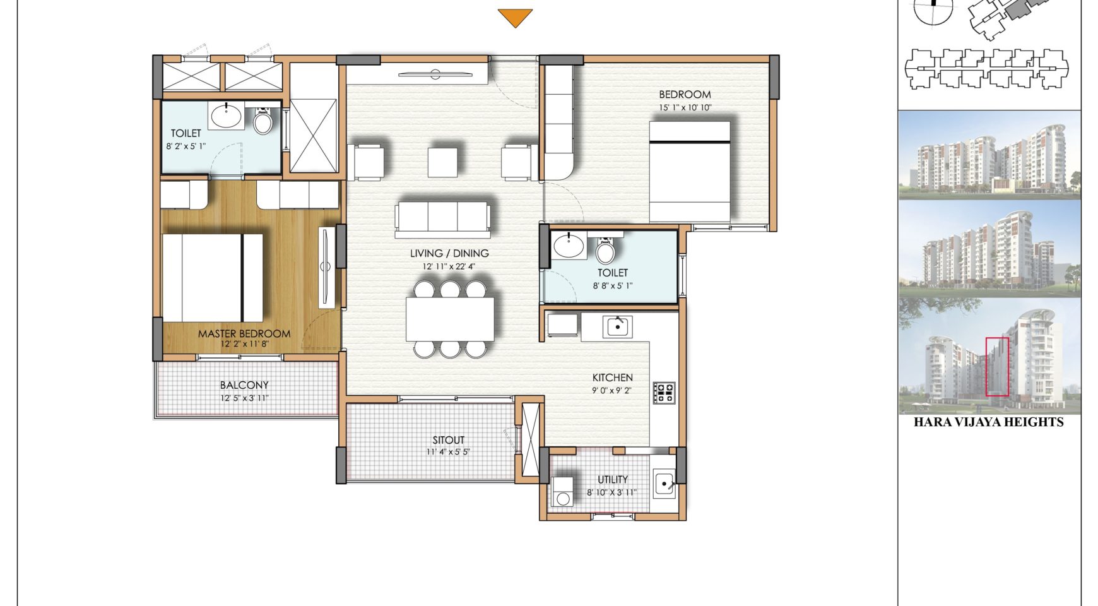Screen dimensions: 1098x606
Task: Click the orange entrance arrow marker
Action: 515,18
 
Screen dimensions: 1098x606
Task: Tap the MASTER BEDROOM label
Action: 244,333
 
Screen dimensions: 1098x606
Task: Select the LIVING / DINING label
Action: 449,253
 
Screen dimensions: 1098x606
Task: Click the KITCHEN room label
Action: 612,377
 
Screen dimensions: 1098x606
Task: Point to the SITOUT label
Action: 448,440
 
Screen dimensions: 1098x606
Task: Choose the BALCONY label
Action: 244,385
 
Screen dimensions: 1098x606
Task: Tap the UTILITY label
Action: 612,480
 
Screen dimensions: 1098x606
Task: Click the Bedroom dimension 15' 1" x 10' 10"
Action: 685,108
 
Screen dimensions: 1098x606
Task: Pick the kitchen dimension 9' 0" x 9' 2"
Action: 612,391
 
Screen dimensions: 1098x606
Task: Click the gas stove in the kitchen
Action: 664,393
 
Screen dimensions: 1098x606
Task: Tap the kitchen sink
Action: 617,327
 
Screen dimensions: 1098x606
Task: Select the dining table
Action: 450,319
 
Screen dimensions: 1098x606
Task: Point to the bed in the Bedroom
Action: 690,171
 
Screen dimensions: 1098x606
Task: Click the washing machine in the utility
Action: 562,492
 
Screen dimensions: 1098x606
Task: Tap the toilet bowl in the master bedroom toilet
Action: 263,121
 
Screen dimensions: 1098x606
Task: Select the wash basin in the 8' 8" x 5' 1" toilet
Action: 569,246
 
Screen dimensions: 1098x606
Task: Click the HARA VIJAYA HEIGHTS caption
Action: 988,422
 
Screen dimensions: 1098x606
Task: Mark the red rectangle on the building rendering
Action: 997,367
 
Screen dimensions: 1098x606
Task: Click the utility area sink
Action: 664,484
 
